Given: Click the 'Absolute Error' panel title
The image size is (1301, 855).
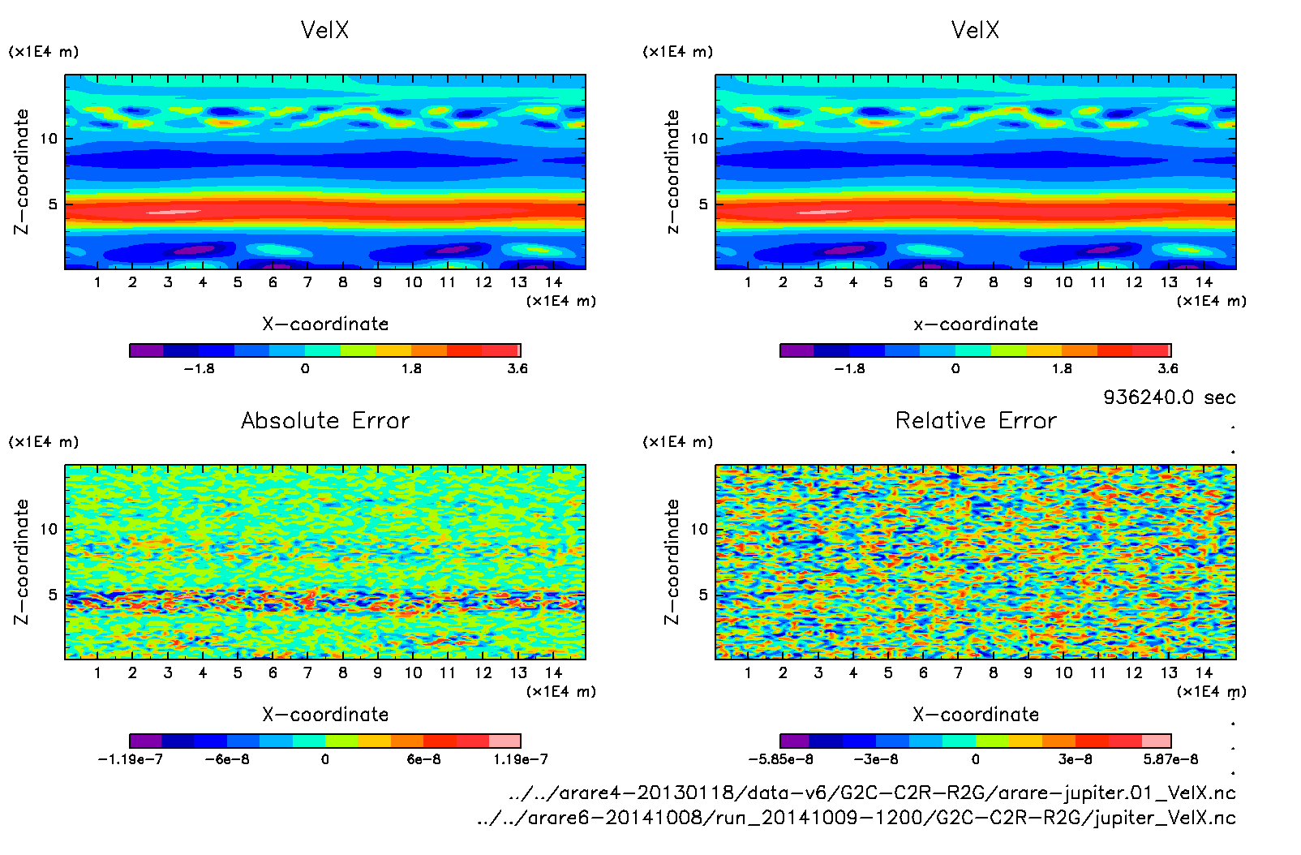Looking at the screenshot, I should [325, 420].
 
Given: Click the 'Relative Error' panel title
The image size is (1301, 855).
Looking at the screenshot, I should [976, 420].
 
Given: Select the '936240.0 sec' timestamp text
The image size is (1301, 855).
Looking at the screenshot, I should [1169, 397].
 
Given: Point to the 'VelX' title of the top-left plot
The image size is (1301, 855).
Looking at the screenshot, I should [324, 30].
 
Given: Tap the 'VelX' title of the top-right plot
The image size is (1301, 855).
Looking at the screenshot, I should [975, 30].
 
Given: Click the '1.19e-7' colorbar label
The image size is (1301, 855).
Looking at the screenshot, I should [520, 759].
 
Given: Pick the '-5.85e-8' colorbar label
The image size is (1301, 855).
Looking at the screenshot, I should [780, 759].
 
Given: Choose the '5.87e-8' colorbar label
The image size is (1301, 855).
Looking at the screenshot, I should [1170, 759].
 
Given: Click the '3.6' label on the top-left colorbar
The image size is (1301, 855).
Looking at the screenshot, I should [517, 368].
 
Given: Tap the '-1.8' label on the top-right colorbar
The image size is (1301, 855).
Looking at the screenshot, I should [849, 368].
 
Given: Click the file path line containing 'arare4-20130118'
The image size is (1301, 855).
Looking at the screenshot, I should [871, 793].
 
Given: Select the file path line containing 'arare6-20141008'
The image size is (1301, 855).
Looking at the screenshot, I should [856, 818].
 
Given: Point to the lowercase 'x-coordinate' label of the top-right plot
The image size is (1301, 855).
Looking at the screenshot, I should [976, 324].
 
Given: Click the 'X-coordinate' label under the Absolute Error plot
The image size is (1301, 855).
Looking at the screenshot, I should [325, 715].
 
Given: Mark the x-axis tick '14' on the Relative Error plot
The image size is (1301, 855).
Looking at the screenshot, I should [1204, 672].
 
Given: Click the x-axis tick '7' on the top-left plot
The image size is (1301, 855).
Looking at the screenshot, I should [307, 282].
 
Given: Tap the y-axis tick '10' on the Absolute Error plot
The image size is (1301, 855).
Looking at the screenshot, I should [49, 529].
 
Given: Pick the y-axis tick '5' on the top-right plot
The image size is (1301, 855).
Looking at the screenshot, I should [703, 204].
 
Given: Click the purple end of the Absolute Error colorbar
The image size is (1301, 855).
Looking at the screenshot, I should [146, 741].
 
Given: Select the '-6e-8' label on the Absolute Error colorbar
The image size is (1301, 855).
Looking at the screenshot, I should [227, 759].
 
